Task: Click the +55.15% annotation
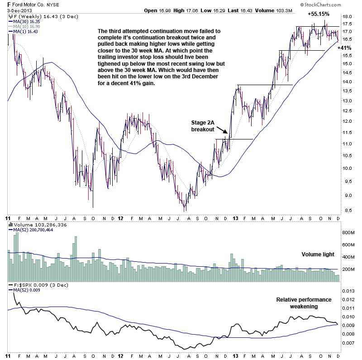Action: [319, 14]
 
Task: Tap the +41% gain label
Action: [345, 48]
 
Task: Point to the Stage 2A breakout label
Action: [202, 125]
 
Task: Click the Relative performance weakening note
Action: [304, 303]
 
